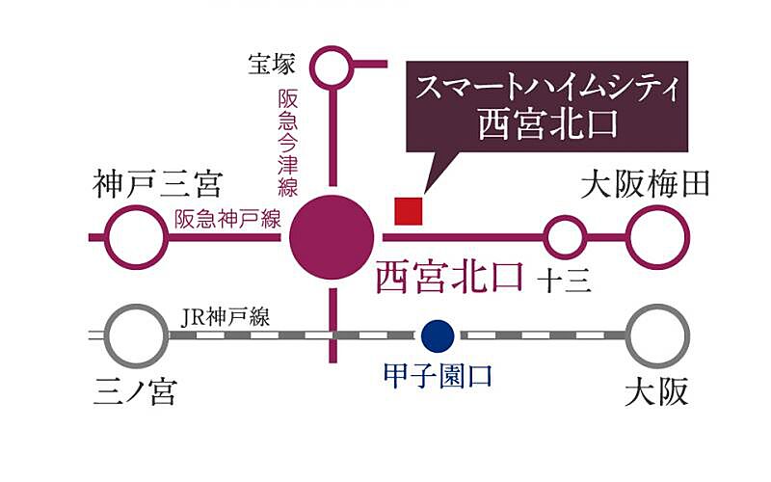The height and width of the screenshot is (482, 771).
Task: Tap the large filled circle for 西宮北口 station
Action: pyautogui.click(x=332, y=236)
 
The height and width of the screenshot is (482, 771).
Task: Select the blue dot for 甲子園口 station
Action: pyautogui.click(x=438, y=335)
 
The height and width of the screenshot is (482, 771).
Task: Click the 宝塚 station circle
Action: pyautogui.click(x=332, y=67)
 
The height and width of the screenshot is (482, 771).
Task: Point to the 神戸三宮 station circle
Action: pyautogui.click(x=134, y=236)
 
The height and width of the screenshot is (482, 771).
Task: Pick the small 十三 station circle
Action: pyautogui.click(x=566, y=236)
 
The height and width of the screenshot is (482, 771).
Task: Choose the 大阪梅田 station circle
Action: pyautogui.click(x=659, y=236)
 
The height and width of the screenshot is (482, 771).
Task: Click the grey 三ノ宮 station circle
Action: pyautogui.click(x=134, y=335)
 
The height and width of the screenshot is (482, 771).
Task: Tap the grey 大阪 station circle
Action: pyautogui.click(x=659, y=335)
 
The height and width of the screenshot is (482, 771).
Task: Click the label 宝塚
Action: pyautogui.click(x=269, y=66)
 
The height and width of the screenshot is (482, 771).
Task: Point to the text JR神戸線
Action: pyautogui.click(x=226, y=317)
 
